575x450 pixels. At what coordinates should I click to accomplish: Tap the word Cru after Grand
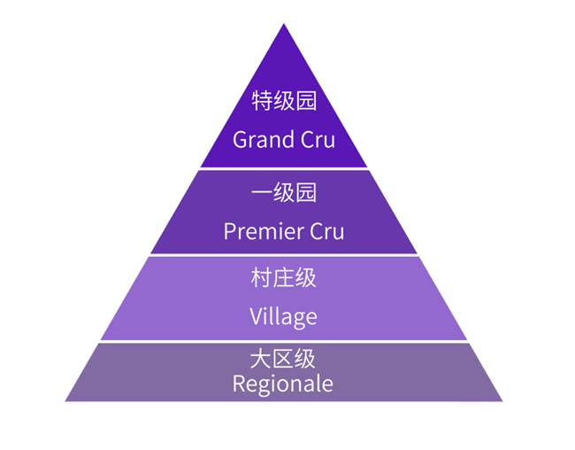[x=316, y=140]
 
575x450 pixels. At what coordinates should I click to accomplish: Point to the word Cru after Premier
[x=326, y=231]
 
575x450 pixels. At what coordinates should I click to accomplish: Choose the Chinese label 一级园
[x=283, y=192]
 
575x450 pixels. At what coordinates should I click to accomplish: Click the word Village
[x=283, y=316]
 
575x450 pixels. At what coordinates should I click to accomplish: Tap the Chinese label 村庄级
[x=283, y=278]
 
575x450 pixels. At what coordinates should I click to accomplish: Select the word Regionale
[x=283, y=384]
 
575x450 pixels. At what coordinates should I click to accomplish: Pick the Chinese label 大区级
[x=283, y=360]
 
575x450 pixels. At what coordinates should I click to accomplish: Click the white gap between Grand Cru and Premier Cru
[x=283, y=168]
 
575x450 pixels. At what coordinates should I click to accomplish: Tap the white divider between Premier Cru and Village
[x=283, y=255]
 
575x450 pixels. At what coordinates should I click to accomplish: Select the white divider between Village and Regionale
[x=283, y=342]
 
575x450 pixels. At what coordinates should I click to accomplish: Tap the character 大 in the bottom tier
[x=262, y=360]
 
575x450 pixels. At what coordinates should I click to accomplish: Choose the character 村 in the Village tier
[x=262, y=278]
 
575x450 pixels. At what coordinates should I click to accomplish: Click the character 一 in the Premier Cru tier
[x=262, y=192]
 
